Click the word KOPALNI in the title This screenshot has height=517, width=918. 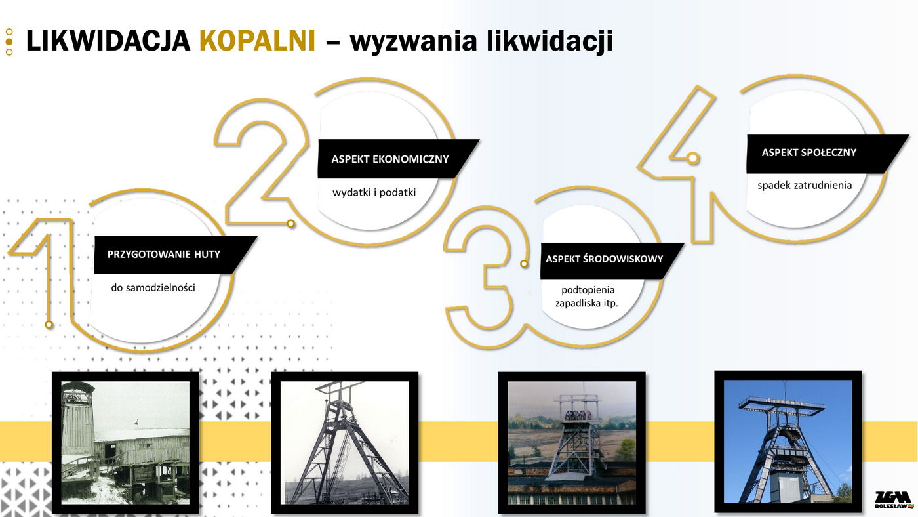click(257, 41)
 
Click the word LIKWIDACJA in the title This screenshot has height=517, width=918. click(108, 41)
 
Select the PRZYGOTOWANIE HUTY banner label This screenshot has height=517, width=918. click(163, 254)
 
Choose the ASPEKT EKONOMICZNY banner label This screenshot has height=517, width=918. click(389, 159)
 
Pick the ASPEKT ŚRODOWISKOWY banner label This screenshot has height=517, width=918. click(604, 258)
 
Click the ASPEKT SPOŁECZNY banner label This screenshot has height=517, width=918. click(808, 152)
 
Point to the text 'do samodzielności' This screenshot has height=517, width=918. click(153, 288)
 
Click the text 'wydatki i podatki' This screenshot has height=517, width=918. click(374, 192)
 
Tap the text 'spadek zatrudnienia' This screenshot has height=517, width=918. click(805, 185)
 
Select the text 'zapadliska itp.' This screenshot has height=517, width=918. click(586, 303)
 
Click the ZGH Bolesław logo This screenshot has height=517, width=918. click(894, 500)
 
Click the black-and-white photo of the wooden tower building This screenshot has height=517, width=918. click(125, 442)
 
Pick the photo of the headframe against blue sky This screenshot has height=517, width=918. click(788, 441)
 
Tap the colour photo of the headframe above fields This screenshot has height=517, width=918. click(572, 442)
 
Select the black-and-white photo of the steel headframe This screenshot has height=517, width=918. click(345, 442)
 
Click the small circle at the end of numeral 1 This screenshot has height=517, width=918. click(49, 325)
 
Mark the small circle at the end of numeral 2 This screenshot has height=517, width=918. click(290, 224)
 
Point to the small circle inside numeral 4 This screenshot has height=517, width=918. click(692, 158)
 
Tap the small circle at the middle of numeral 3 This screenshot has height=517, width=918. click(524, 264)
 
